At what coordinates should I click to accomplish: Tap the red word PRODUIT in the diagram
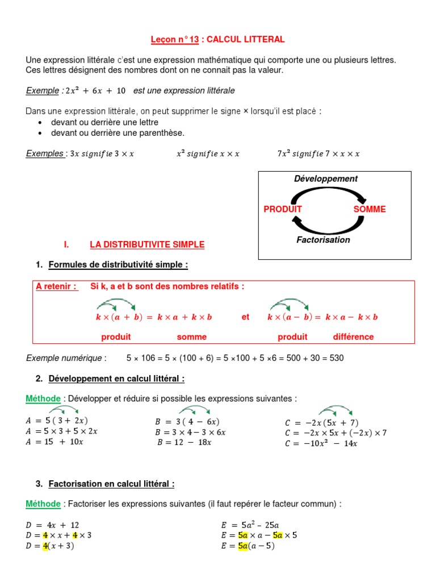point(283,209)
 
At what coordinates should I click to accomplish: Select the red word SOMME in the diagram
point(369,209)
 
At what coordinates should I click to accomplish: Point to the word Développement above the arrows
point(326,178)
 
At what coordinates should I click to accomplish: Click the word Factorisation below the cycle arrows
point(323,240)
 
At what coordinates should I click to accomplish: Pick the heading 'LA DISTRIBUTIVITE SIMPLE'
point(147,245)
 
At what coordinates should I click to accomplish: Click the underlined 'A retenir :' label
point(57,286)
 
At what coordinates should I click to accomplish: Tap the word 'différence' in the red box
point(353,337)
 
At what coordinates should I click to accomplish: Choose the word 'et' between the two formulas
point(245,317)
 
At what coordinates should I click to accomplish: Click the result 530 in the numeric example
point(337,358)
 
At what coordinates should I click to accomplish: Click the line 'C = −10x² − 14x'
point(321,444)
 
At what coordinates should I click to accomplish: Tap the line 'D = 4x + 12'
point(52,525)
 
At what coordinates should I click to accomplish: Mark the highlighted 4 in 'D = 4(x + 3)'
point(45,546)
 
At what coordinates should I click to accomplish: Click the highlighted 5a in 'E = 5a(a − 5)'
point(244,546)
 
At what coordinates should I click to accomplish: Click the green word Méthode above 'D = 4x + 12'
point(43,504)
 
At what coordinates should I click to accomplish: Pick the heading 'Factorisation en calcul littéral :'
point(111,484)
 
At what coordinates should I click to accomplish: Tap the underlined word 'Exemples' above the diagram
point(45,153)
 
